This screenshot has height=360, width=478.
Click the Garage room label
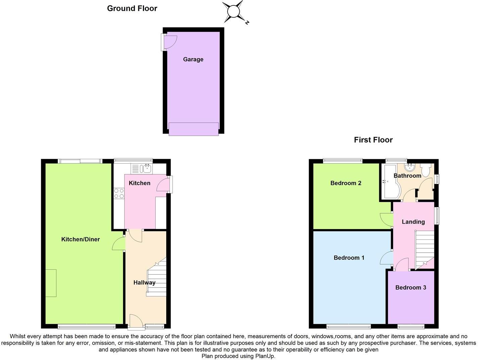[x=193, y=59]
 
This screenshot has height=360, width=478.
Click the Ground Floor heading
[x=132, y=8]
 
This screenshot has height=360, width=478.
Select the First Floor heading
[x=373, y=140]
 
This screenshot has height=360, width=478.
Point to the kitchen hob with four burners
[x=119, y=193]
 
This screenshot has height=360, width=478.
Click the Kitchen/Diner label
[x=81, y=239]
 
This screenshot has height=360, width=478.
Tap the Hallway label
[x=144, y=282]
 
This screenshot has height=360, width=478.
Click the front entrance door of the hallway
[x=135, y=320]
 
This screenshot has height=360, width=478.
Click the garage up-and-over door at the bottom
[x=194, y=129]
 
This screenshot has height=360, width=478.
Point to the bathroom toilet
[x=426, y=171]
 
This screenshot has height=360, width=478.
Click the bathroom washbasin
[x=410, y=168]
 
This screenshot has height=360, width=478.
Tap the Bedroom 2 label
[x=346, y=183]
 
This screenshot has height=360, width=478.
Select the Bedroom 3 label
[x=411, y=287]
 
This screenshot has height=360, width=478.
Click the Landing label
[x=413, y=222]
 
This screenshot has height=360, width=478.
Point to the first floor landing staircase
[x=425, y=249]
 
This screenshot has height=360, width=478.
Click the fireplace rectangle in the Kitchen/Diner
[x=51, y=283]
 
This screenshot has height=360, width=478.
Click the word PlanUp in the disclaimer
[x=266, y=356]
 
